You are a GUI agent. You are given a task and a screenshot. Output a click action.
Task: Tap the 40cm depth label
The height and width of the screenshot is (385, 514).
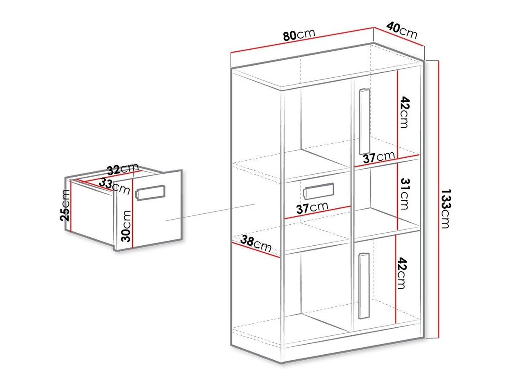[x=402, y=30]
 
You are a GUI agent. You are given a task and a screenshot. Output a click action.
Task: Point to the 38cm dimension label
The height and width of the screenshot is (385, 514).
[x=256, y=244]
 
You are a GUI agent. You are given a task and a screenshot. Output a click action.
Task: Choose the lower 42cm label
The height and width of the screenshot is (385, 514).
[x=401, y=273]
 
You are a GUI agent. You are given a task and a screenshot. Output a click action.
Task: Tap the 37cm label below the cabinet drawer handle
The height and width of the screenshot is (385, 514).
[x=312, y=208]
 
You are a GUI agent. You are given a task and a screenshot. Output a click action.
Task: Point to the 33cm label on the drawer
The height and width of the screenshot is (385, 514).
[x=114, y=186]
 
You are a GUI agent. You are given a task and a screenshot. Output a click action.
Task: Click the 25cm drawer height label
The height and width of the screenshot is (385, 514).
[x=65, y=205]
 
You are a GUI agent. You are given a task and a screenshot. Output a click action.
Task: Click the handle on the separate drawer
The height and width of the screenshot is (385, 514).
[x=151, y=193]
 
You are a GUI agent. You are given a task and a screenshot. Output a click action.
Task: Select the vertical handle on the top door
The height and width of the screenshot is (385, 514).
[x=365, y=122]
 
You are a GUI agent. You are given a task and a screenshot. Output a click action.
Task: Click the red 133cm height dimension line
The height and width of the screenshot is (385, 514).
[x=438, y=199]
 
